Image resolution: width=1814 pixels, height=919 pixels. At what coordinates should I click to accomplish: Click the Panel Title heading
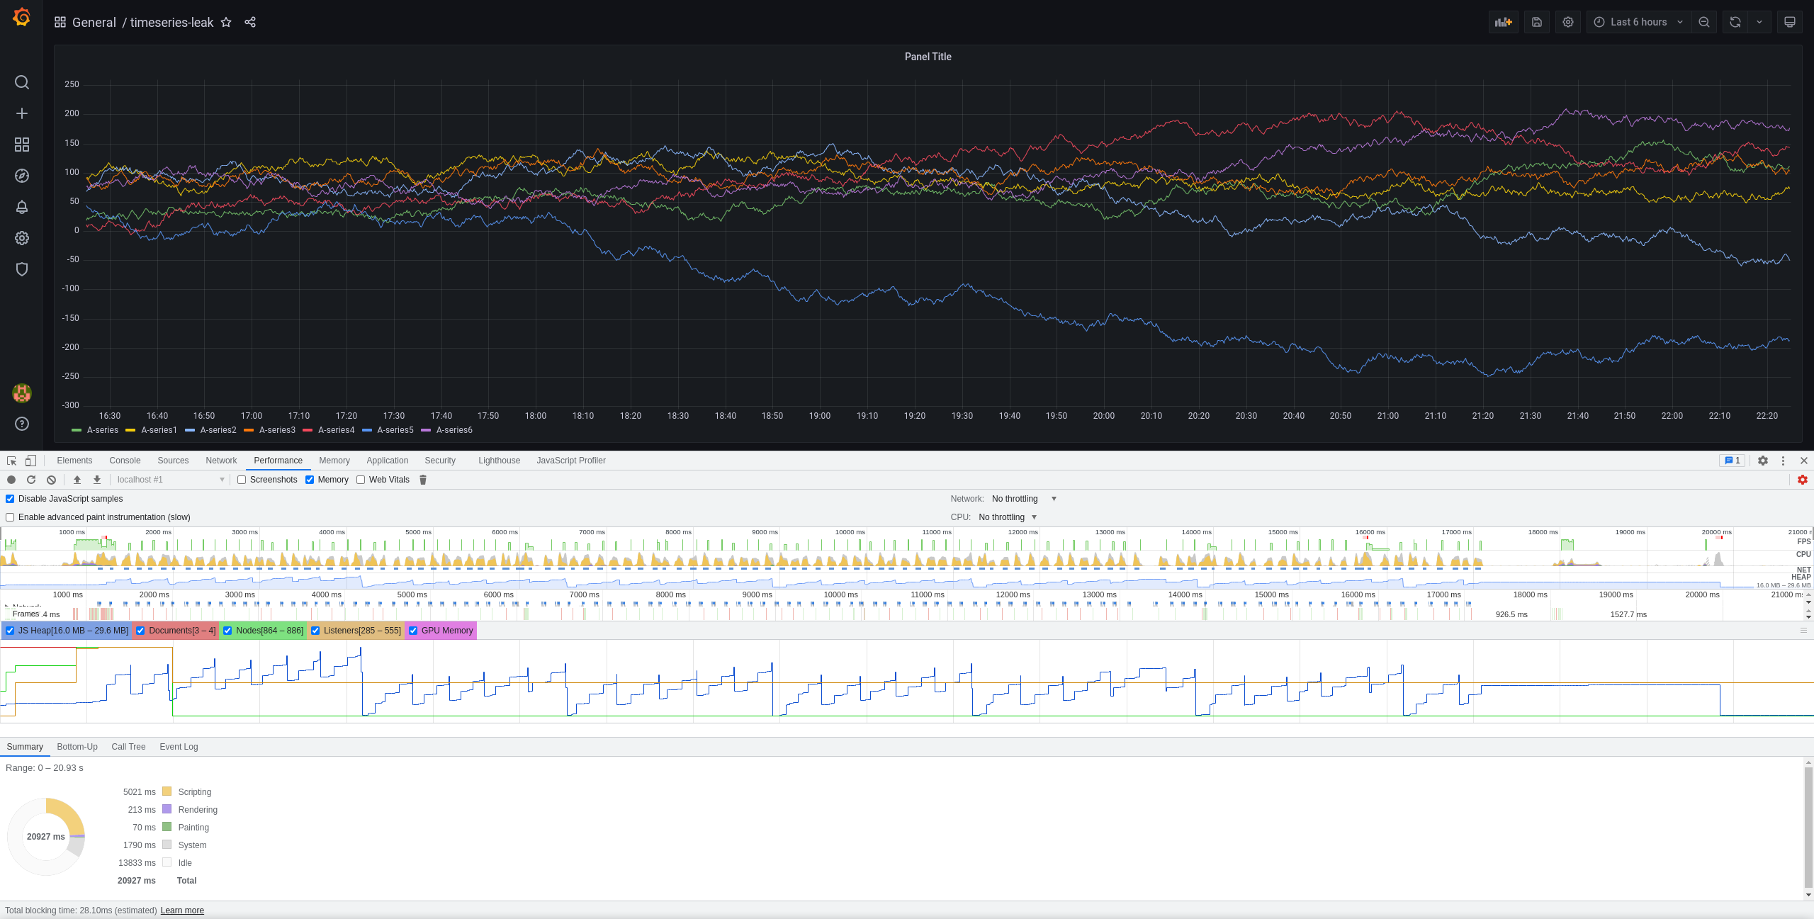click(x=928, y=57)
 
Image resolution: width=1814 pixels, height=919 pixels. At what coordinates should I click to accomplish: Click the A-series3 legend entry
click(x=276, y=430)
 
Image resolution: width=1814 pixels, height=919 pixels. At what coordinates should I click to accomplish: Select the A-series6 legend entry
click(x=453, y=430)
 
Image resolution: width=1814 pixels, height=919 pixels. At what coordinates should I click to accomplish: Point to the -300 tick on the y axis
click(x=71, y=405)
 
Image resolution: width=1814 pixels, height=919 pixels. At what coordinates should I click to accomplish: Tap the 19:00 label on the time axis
click(x=820, y=416)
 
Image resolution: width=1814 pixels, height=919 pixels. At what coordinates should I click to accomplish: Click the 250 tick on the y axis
click(x=72, y=84)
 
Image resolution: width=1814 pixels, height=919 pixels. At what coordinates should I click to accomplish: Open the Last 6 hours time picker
click(x=1638, y=22)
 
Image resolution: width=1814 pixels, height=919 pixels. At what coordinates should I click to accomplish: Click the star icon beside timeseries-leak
click(x=226, y=22)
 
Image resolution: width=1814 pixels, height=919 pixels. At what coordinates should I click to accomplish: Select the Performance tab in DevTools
click(x=278, y=461)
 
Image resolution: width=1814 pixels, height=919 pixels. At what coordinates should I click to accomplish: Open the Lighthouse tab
click(x=499, y=461)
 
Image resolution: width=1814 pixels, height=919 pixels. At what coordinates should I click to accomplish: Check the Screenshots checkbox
click(x=242, y=480)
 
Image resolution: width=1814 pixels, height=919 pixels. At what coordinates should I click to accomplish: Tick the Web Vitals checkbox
click(x=361, y=480)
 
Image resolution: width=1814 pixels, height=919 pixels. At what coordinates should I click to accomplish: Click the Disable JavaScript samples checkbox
click(x=10, y=499)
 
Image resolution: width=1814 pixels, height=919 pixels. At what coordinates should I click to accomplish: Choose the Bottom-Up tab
click(x=77, y=747)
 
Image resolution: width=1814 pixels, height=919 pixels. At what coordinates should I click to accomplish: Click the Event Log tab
click(x=179, y=747)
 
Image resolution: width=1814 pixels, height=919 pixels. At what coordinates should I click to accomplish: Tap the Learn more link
click(x=182, y=910)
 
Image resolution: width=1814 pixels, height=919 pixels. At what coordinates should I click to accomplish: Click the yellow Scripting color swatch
click(x=167, y=791)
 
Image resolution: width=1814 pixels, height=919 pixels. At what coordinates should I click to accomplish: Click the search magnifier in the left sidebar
click(x=22, y=82)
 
